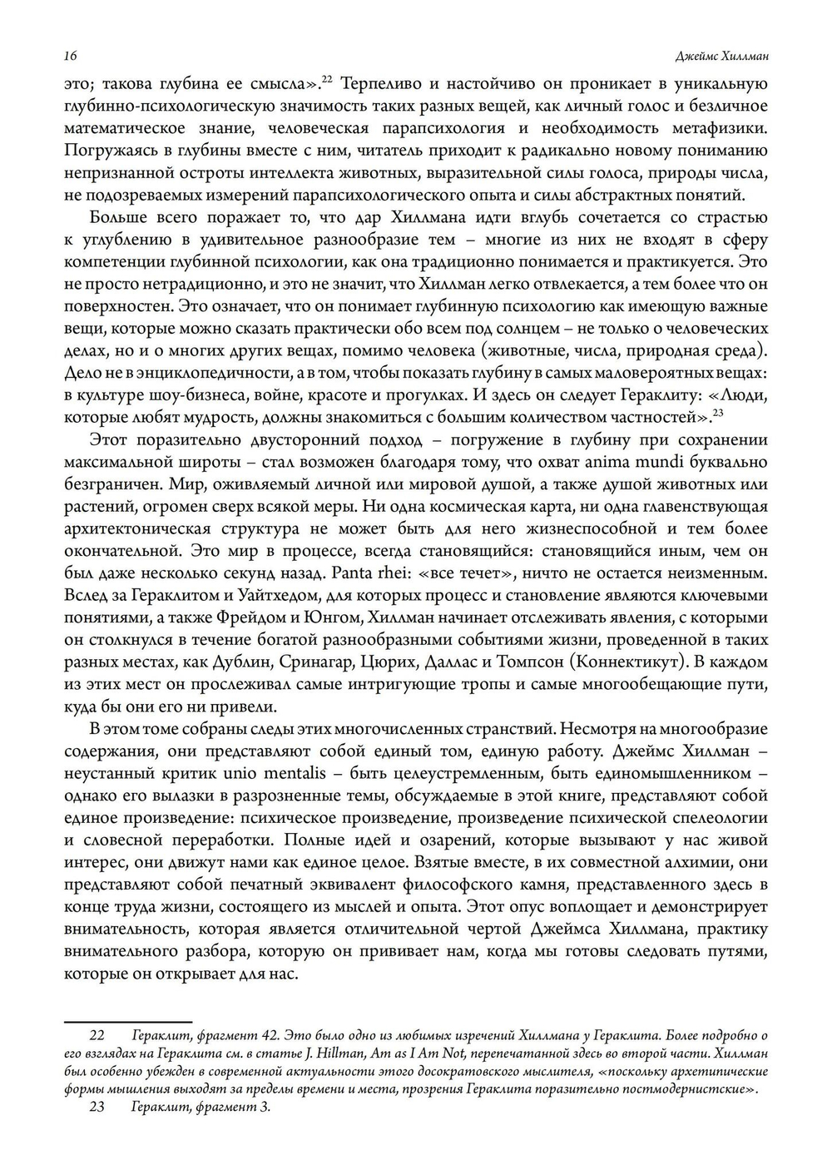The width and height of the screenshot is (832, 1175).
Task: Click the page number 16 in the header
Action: (70, 56)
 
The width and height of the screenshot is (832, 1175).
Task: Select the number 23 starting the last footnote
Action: (97, 1108)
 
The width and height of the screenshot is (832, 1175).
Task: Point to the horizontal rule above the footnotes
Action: (128, 1019)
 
